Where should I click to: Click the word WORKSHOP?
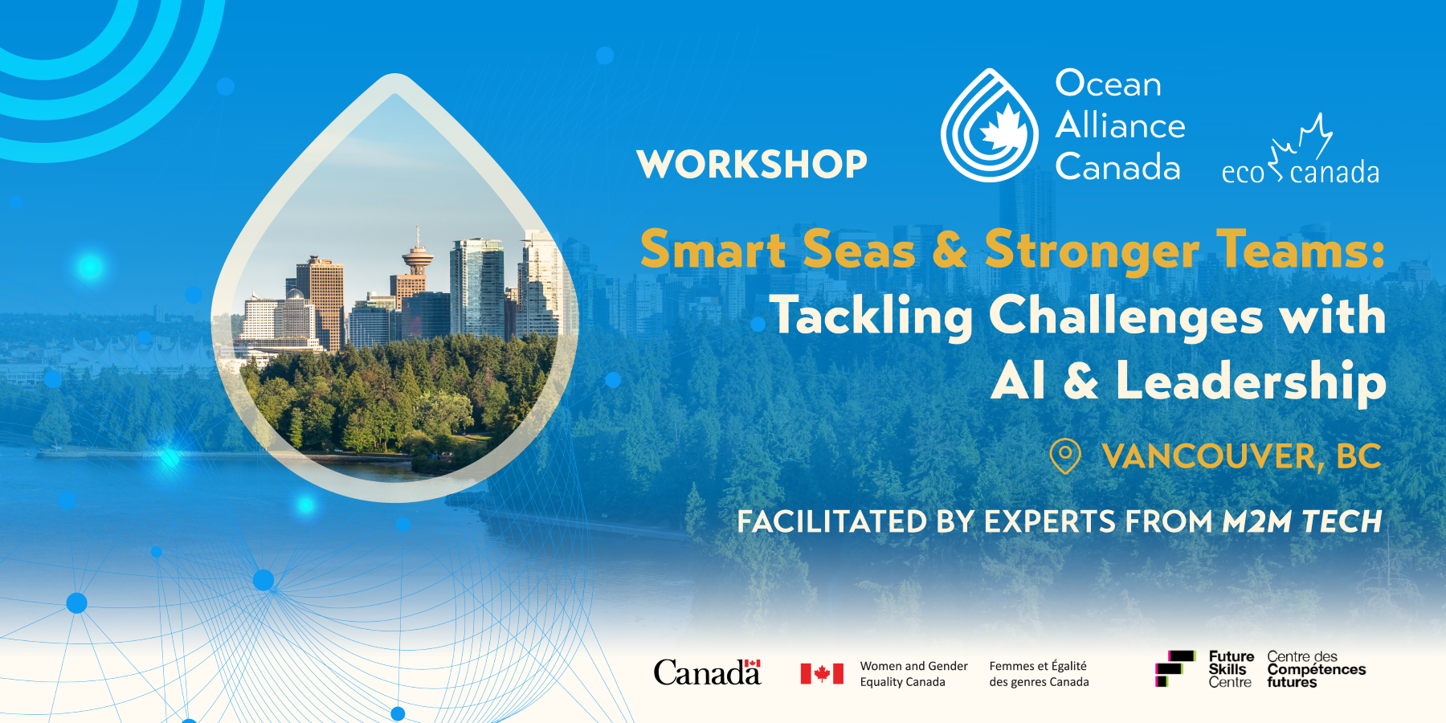[752, 164]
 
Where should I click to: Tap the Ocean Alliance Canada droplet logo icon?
[990, 125]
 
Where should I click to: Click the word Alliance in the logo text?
[1121, 125]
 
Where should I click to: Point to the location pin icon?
[1065, 455]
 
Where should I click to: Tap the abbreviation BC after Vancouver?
[1358, 456]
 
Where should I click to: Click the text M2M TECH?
[1301, 521]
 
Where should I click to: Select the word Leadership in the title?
[1251, 380]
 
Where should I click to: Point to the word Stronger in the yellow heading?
[1092, 250]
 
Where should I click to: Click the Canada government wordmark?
[707, 672]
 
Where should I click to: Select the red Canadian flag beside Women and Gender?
[822, 673]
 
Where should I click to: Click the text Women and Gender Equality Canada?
[913, 673]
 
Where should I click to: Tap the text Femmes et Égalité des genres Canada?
[1039, 673]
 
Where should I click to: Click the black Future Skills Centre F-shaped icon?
[1174, 668]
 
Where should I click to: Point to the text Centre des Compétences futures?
[1317, 669]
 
